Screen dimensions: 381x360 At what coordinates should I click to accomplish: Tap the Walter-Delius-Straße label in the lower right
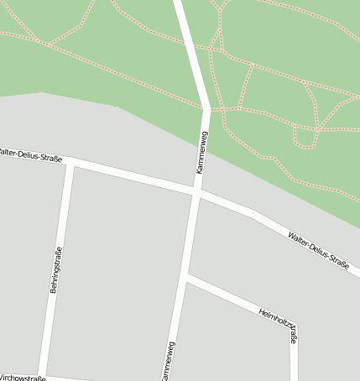318,249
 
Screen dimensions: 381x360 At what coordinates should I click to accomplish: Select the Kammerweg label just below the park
201,152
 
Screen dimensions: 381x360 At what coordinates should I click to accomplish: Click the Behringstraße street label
55,270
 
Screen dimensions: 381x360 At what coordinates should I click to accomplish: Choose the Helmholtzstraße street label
279,326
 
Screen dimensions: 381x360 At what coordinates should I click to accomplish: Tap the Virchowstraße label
22,378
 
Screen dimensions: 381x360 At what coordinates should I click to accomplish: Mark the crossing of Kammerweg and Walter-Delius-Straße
196,193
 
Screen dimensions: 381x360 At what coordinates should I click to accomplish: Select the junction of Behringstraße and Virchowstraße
42,374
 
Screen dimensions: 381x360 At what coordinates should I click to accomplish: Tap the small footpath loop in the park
305,138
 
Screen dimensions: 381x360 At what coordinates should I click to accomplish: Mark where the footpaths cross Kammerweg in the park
206,109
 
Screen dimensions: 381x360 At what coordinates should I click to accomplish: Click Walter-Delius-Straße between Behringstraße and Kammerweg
134,176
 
